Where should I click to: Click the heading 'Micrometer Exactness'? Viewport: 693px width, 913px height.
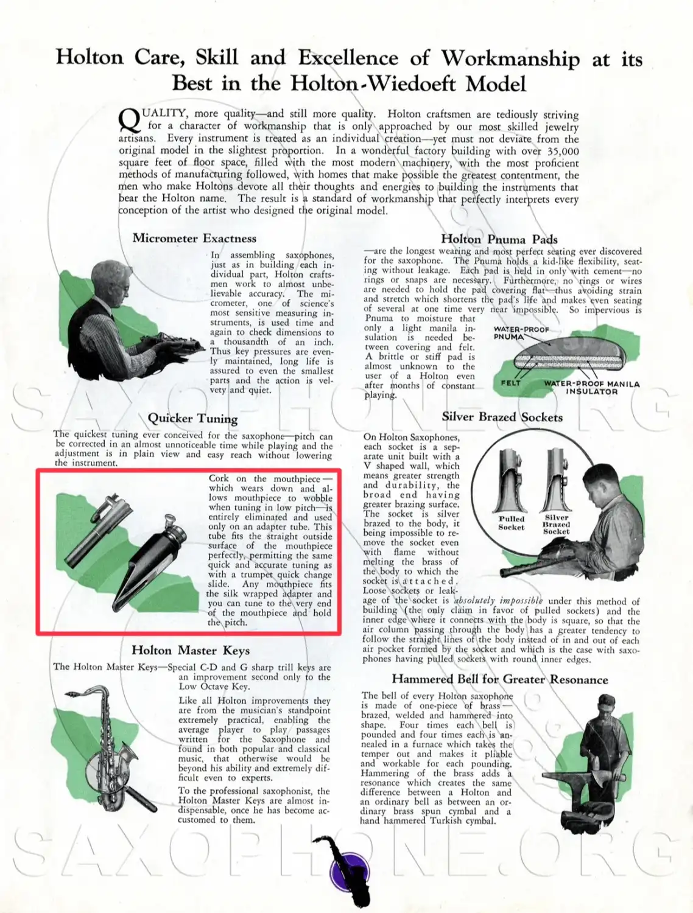(x=194, y=239)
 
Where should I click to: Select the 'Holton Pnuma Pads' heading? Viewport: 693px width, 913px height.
(x=499, y=239)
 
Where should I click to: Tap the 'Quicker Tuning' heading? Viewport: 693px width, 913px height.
(x=192, y=418)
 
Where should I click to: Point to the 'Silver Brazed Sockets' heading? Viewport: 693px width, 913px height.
(x=502, y=417)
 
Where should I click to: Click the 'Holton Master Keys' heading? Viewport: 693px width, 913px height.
(x=191, y=650)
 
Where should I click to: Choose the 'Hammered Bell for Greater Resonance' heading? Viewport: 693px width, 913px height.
(x=499, y=679)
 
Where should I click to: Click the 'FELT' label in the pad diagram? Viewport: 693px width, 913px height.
(x=510, y=383)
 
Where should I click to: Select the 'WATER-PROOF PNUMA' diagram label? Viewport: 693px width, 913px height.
(x=521, y=333)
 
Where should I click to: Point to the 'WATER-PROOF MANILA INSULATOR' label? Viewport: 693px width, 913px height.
(x=591, y=388)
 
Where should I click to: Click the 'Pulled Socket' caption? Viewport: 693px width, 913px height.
(x=511, y=523)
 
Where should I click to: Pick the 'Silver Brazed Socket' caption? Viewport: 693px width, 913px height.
(x=556, y=525)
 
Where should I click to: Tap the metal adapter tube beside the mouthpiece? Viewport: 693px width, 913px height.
(x=98, y=530)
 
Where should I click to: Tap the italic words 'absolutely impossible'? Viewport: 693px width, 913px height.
(x=498, y=600)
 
